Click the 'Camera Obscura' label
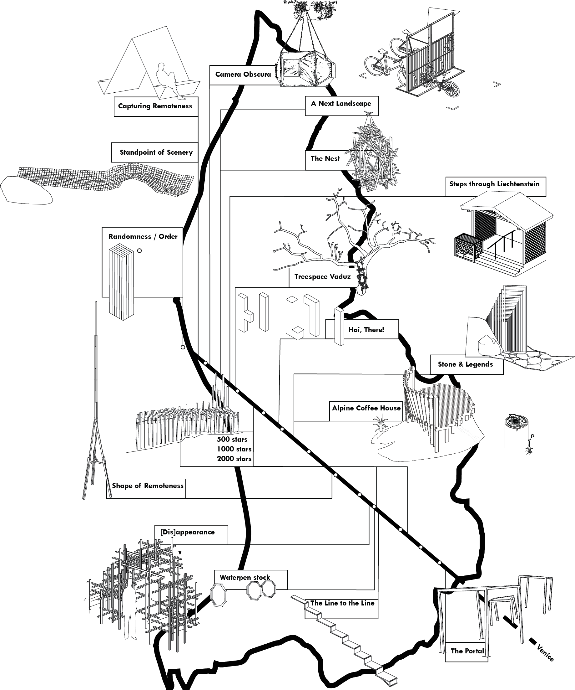pos(243,75)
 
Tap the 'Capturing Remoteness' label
pos(155,106)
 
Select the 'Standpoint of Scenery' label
pos(156,152)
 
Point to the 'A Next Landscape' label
pos(341,104)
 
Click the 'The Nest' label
pos(325,158)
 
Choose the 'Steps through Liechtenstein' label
pos(494,184)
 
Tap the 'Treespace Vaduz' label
pos(322,277)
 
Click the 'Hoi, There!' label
pos(366,330)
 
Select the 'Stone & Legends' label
pos(465,364)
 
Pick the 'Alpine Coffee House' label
pos(366,408)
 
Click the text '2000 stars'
pos(234,459)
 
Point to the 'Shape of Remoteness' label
pos(148,486)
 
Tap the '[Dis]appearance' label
pos(187,532)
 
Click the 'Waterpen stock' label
pos(245,577)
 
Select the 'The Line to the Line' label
pos(342,603)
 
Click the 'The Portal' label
pos(467,651)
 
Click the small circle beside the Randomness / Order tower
pos(139,251)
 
